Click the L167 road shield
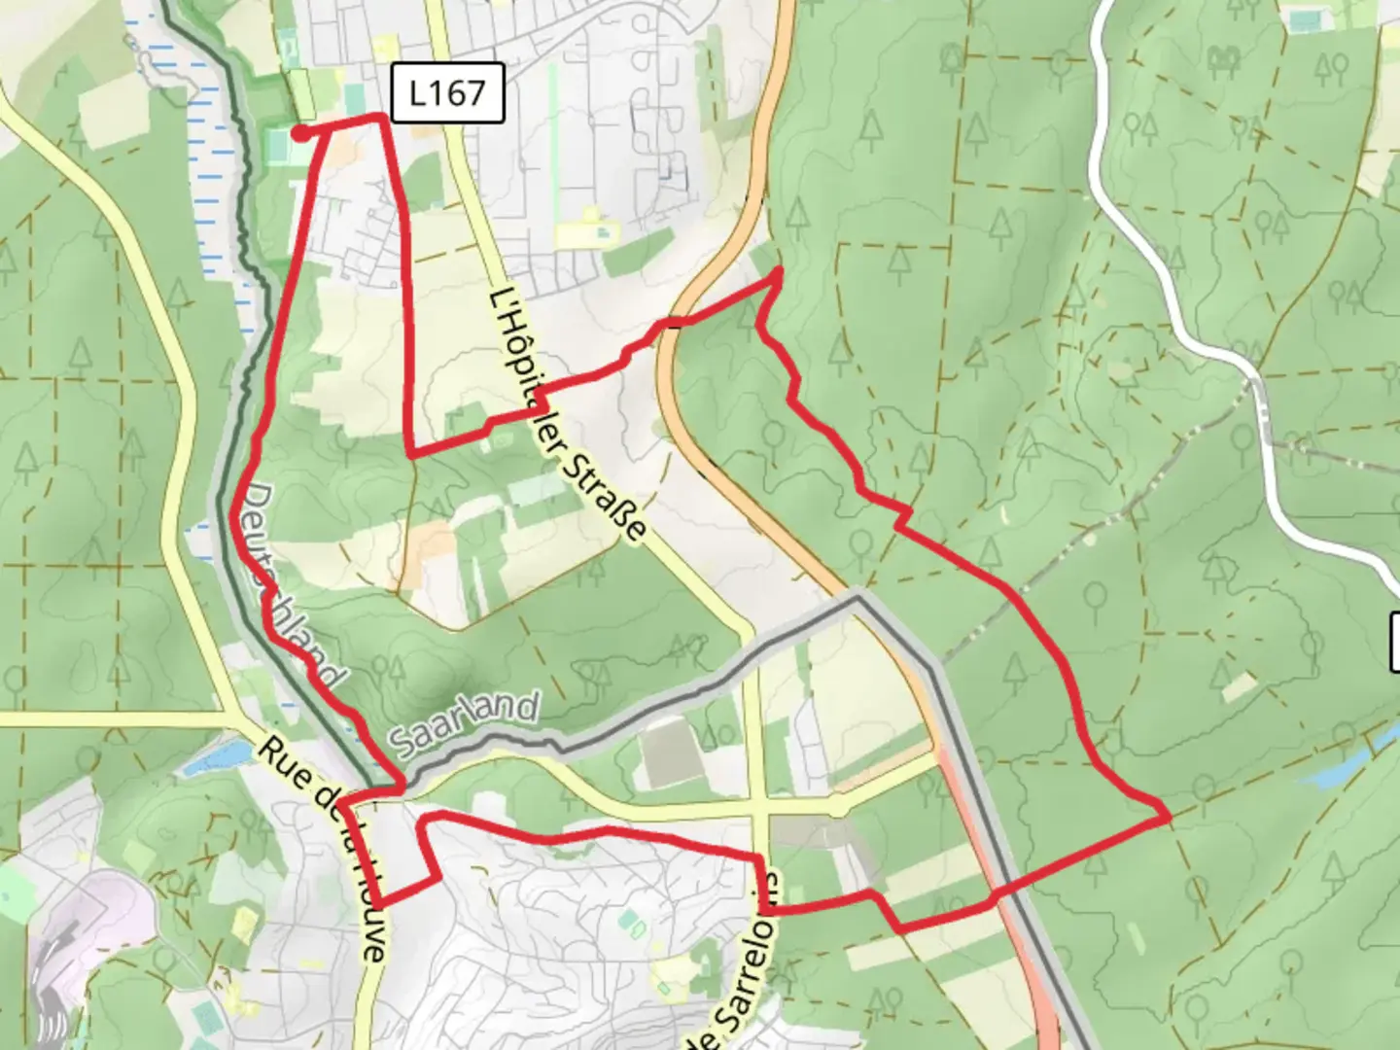click(x=447, y=93)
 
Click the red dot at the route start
click(x=301, y=132)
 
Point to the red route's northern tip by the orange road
click(x=779, y=273)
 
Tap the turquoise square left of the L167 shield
click(x=355, y=97)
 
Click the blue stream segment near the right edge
click(x=1351, y=763)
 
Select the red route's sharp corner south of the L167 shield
click(x=412, y=453)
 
